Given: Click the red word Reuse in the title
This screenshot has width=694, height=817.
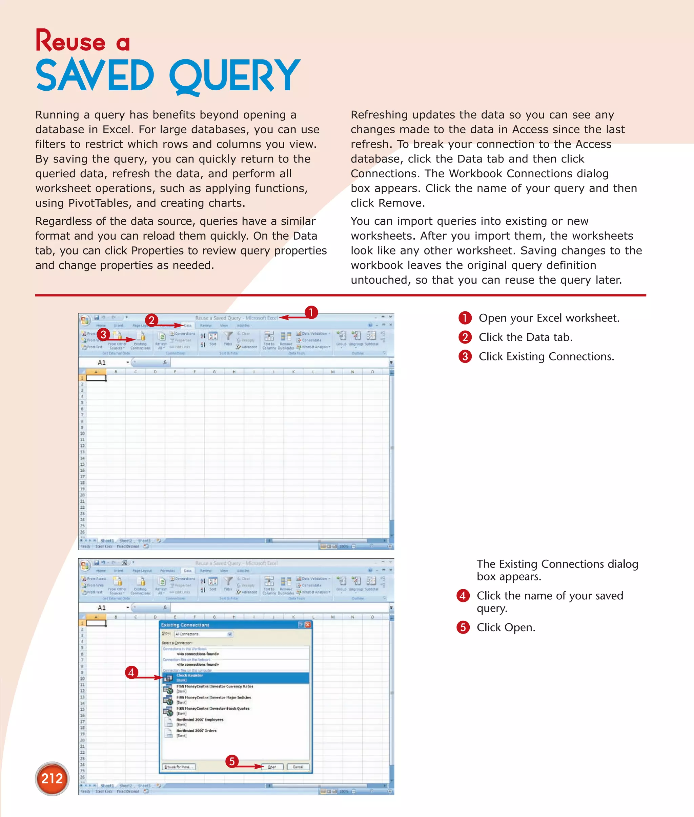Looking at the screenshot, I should [71, 41].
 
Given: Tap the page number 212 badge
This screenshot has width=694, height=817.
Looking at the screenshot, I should [52, 778].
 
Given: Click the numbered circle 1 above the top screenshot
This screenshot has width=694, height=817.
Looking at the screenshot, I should [311, 312].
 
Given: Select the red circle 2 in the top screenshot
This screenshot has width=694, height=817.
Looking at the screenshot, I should [151, 320].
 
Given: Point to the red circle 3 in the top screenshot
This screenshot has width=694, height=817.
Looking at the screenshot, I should [103, 334].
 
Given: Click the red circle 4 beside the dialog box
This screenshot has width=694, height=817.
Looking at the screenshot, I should [131, 672].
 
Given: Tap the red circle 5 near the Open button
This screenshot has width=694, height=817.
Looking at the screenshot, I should [232, 761].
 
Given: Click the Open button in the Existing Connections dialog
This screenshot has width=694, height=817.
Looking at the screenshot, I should [272, 767].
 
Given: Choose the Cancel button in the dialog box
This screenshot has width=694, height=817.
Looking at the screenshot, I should [298, 767].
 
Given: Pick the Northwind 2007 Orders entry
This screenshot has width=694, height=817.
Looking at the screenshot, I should [196, 731].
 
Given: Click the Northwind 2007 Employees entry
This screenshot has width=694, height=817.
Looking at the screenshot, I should [200, 720].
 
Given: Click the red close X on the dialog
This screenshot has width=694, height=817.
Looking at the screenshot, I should [308, 625].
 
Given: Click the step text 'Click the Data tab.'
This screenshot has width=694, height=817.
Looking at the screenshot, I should [525, 337].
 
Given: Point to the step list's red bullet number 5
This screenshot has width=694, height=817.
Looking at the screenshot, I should [463, 627].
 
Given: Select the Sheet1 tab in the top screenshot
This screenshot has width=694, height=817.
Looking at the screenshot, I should [107, 541].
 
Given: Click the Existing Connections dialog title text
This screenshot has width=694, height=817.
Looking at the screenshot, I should [185, 625].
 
